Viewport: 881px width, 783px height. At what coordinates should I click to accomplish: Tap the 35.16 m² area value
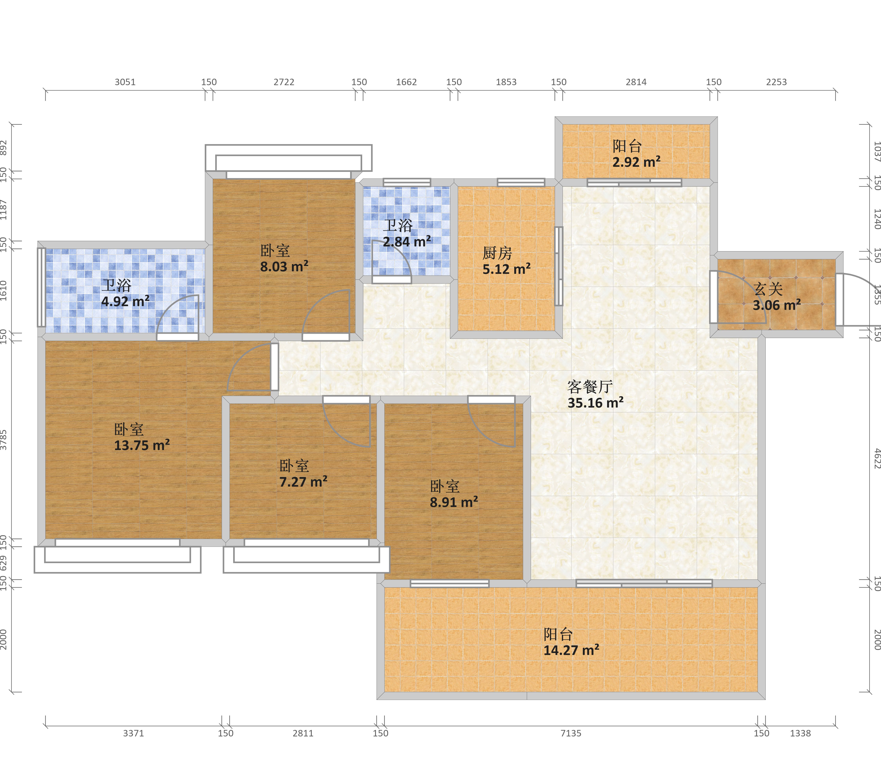coord(595,402)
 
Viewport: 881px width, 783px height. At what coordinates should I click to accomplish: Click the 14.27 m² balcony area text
coord(571,650)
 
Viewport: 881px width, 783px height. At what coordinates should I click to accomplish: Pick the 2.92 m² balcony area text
coord(636,162)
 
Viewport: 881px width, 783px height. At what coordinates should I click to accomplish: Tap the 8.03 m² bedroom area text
coord(284,266)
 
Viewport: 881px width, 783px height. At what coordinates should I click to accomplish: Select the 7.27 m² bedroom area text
coord(303,481)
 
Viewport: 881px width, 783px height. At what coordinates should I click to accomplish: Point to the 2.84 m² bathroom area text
coord(407,241)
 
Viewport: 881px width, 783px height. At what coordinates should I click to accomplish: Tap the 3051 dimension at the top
coord(125,82)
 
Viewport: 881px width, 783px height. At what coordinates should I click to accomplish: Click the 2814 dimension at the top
coord(636,82)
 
